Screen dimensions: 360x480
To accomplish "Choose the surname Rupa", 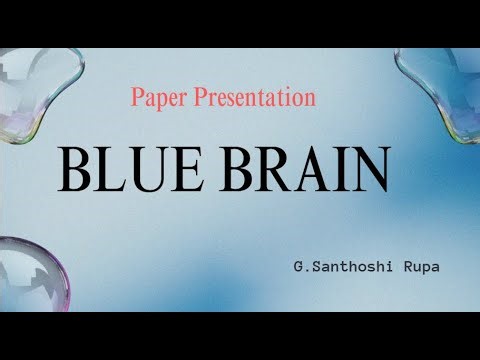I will point(404,268).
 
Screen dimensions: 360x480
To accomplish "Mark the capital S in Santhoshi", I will point(313,268).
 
